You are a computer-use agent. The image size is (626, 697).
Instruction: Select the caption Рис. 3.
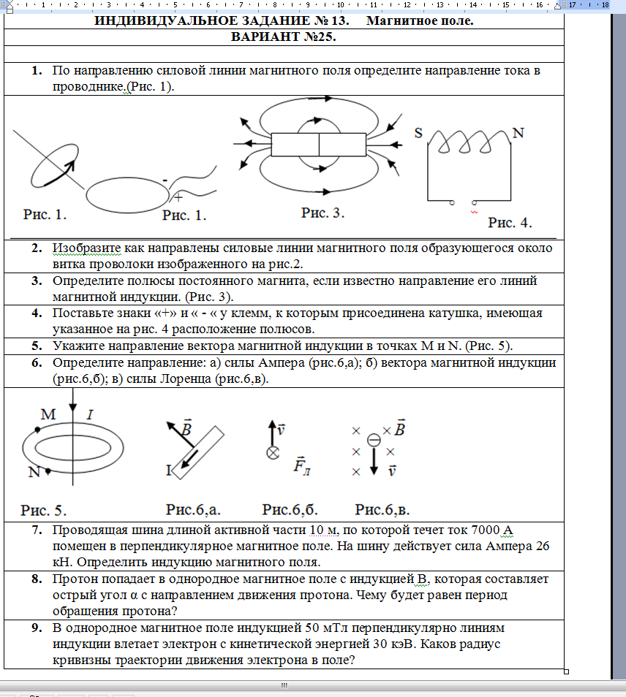(323, 213)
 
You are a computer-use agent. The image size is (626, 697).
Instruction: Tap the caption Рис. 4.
(510, 222)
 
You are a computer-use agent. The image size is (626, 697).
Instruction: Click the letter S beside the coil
(419, 133)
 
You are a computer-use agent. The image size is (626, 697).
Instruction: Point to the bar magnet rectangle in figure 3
(318, 144)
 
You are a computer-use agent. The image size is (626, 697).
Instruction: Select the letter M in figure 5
(48, 415)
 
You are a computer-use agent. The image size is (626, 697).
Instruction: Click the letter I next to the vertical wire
(90, 415)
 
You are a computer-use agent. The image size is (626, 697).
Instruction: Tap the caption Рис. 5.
(44, 509)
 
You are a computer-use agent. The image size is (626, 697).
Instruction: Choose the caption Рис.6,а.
(192, 509)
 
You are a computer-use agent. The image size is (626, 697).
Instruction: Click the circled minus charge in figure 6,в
(374, 439)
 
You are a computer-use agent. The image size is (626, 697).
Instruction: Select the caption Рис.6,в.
(382, 509)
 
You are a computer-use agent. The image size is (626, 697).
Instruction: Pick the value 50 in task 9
(313, 628)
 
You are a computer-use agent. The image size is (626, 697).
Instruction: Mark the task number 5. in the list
(37, 346)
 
